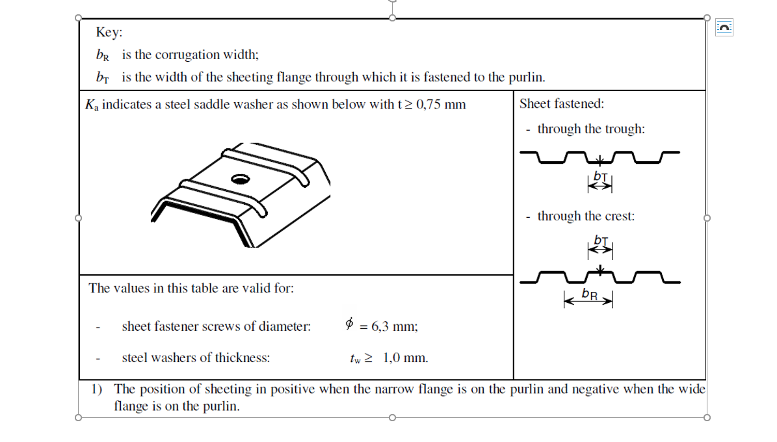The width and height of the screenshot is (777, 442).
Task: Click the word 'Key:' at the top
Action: pyautogui.click(x=109, y=32)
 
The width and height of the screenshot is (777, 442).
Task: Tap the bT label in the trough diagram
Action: pyautogui.click(x=600, y=176)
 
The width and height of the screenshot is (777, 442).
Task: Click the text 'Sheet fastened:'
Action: pyautogui.click(x=562, y=103)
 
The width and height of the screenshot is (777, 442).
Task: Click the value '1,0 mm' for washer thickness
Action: pyautogui.click(x=405, y=358)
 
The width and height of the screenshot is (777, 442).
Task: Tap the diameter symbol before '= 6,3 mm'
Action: pyautogui.click(x=350, y=324)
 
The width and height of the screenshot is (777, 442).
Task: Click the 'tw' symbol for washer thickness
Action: pyautogui.click(x=355, y=359)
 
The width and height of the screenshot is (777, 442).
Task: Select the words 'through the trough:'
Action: pyautogui.click(x=591, y=129)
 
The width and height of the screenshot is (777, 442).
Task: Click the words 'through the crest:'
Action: pyautogui.click(x=586, y=216)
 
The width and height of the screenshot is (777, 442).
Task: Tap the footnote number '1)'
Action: pyautogui.click(x=97, y=389)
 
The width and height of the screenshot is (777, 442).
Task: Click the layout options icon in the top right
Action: pyautogui.click(x=724, y=27)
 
